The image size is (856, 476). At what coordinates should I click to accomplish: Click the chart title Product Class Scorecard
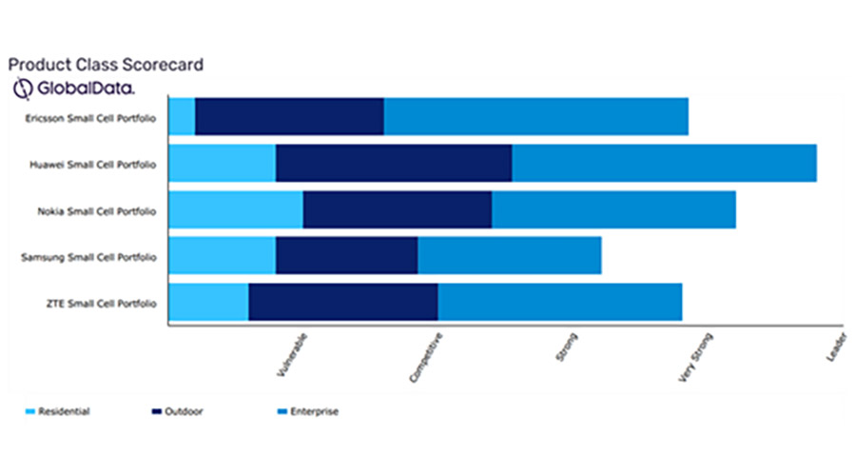tap(105, 65)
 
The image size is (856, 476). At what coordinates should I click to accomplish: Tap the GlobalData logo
tap(71, 88)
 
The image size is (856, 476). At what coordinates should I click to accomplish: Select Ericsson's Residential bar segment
tap(182, 116)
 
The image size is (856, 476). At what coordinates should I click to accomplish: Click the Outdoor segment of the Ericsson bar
tap(289, 116)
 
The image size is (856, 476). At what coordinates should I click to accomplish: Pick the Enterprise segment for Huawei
tap(664, 163)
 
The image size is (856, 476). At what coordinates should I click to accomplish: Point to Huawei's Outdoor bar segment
tap(394, 163)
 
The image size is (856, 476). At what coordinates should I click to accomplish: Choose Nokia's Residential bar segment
tap(236, 209)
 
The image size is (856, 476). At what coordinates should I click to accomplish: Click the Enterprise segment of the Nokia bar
tap(613, 209)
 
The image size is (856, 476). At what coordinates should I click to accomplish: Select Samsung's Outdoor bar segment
tap(346, 255)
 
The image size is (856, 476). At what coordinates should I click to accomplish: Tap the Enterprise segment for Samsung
tap(509, 255)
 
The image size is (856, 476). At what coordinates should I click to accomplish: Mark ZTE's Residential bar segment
tap(208, 302)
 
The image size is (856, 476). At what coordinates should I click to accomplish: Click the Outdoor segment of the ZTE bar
tap(342, 302)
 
